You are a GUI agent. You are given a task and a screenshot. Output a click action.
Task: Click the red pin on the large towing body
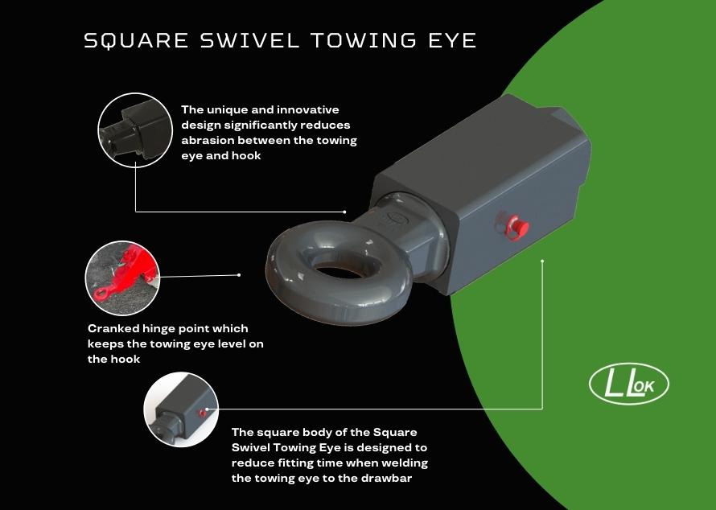pyautogui.click(x=508, y=224)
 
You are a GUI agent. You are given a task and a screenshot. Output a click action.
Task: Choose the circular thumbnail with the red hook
pyautogui.click(x=122, y=278)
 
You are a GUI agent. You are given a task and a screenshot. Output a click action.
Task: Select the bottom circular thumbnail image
pyautogui.click(x=181, y=409)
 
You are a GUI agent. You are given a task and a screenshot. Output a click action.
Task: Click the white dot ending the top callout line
pyautogui.click(x=345, y=212)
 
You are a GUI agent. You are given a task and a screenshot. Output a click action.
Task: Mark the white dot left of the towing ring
pyautogui.click(x=240, y=274)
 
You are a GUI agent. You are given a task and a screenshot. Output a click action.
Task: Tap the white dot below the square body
pyautogui.click(x=543, y=261)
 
